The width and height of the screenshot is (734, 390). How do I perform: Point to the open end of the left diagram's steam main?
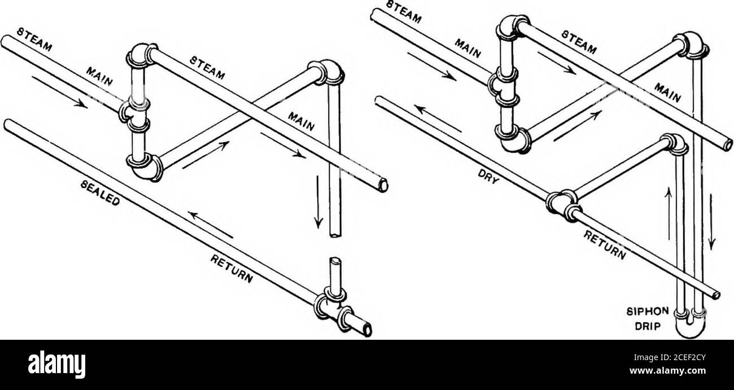[x=383, y=185]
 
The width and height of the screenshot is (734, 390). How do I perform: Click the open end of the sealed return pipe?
[x=368, y=328]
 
